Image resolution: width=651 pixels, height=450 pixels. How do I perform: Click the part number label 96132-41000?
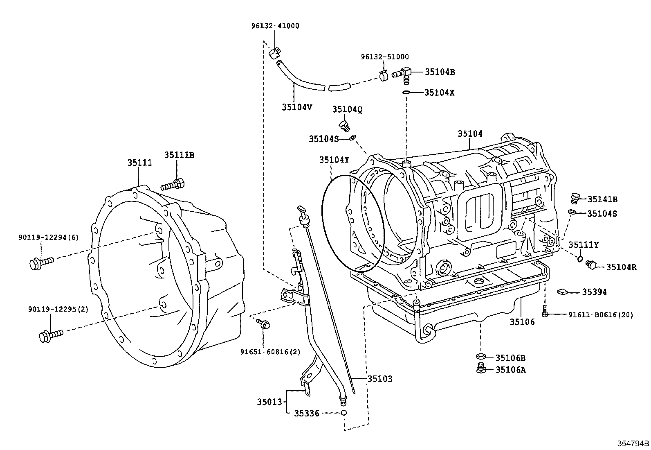coord(275,26)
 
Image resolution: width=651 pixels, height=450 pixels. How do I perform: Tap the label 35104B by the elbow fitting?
coord(440,72)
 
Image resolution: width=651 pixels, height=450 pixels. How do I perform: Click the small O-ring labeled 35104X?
coord(406,93)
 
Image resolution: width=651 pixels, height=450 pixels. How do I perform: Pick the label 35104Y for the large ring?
coord(334,160)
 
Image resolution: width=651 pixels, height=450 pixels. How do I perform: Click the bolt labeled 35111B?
coord(173,185)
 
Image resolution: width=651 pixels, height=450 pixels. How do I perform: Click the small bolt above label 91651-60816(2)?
coord(265,325)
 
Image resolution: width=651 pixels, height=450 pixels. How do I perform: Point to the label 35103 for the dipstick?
coord(379,379)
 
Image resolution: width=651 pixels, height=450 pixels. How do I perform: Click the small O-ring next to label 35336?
coord(344,413)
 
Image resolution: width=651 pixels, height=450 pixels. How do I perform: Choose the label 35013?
coord(269,402)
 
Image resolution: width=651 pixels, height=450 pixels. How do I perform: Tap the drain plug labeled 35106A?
coord(481,369)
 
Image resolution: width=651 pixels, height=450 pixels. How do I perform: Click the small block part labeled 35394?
coord(562,292)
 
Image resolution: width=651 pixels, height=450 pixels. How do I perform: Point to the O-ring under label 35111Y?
coord(580,258)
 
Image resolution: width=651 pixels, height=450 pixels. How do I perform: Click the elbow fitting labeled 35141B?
coord(574,198)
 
